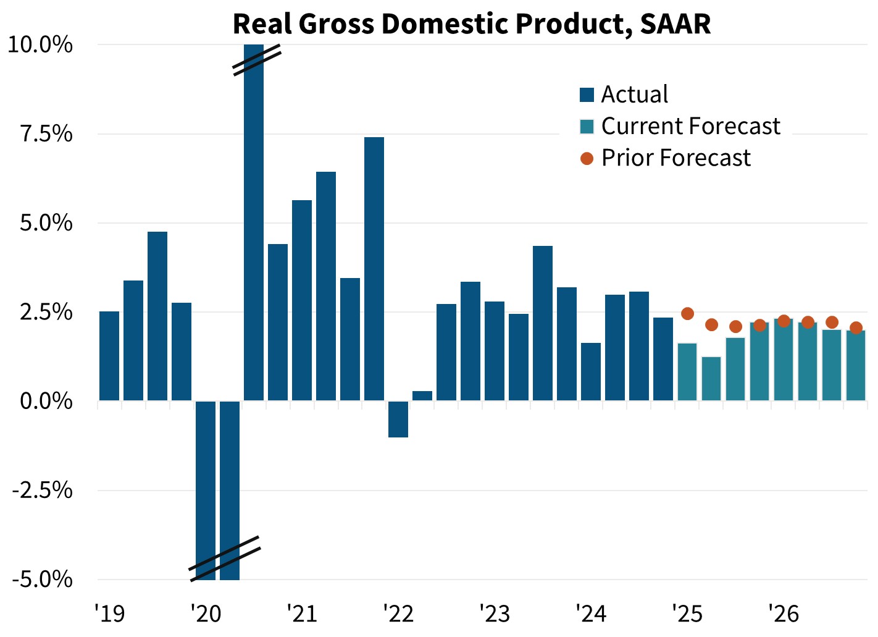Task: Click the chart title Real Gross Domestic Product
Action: [472, 23]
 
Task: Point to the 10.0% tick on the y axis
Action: [40, 45]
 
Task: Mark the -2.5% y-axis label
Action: [42, 491]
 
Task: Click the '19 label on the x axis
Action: [109, 614]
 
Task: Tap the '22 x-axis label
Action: [398, 614]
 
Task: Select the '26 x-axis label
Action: [784, 614]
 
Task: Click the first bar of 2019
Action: [109, 356]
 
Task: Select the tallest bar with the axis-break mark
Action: [254, 222]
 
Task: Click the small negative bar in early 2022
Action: [398, 420]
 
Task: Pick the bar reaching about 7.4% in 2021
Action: [374, 269]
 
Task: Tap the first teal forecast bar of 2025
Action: [687, 372]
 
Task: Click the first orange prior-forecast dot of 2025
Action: [687, 314]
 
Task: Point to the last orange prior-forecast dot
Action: [856, 327]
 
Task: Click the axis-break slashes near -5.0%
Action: [224, 559]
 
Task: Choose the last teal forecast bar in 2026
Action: [856, 366]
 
